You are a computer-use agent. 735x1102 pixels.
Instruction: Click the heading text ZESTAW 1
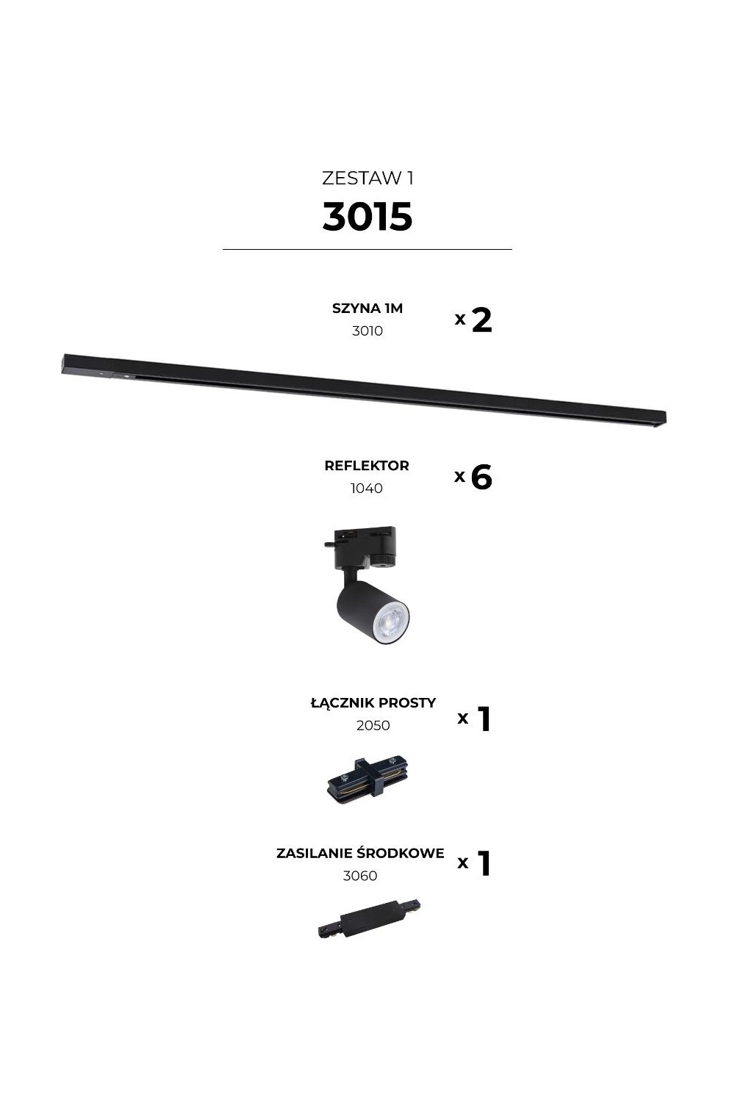click(x=367, y=178)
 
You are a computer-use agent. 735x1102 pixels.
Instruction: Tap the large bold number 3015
click(x=367, y=217)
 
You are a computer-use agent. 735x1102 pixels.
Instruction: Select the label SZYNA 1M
click(x=367, y=309)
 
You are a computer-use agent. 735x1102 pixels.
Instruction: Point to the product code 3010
click(x=367, y=331)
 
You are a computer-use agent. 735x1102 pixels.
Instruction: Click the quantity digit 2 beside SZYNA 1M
click(x=482, y=320)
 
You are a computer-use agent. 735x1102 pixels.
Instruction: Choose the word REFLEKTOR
click(x=367, y=465)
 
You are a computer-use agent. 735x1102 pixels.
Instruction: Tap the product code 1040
click(x=366, y=488)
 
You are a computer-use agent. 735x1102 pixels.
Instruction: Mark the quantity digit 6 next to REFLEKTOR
click(x=481, y=477)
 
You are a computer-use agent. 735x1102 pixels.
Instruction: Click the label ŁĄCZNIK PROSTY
click(x=373, y=702)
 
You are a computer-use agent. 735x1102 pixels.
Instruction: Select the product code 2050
click(x=373, y=725)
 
